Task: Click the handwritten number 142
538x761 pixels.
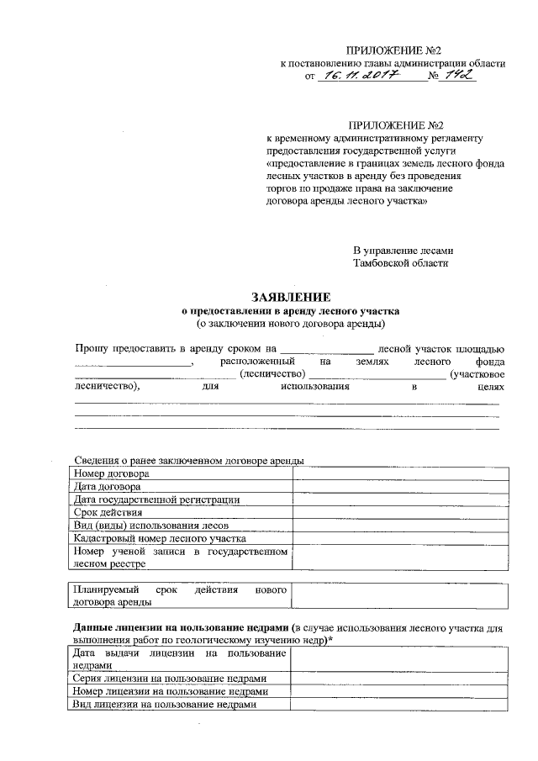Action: pos(460,76)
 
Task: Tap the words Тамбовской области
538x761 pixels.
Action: pos(401,263)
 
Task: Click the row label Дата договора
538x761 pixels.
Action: pos(107,486)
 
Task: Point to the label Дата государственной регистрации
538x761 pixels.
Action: pos(156,499)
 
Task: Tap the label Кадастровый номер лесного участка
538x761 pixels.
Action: pos(159,537)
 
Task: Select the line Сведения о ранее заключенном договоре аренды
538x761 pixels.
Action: pos(189,460)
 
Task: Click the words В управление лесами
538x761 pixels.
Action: pos(403,251)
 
